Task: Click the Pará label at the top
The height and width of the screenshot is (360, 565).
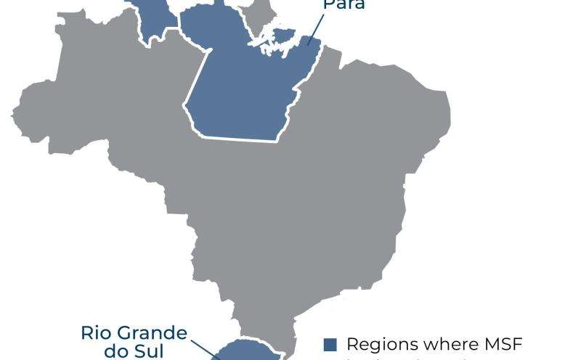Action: coord(344,4)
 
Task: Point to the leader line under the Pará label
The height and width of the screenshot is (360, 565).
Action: coord(314,28)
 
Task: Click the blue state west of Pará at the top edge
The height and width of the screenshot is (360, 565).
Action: coord(155,18)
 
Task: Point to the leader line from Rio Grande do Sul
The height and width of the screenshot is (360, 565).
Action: coord(216,356)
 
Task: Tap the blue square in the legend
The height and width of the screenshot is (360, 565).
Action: coord(330,345)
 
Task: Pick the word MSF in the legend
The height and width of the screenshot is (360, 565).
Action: coord(503,344)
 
